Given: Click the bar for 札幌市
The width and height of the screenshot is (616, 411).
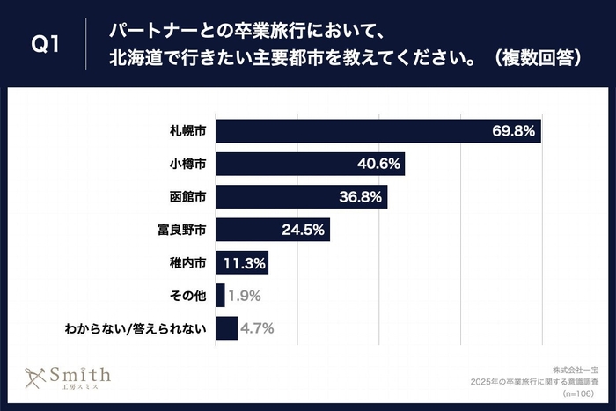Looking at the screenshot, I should tap(378, 130).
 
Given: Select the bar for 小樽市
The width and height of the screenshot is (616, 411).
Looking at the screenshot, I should tap(310, 164).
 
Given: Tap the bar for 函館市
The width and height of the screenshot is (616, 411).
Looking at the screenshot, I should tap(301, 197).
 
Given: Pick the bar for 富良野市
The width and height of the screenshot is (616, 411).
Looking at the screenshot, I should tap(272, 230).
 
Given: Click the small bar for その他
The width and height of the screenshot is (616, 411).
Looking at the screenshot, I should tap(219, 296).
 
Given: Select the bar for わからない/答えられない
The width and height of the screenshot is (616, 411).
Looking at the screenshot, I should tap(226, 328).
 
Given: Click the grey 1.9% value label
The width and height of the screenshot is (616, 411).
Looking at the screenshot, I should tap(243, 296).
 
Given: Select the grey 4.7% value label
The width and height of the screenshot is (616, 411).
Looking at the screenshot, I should tap(257, 328).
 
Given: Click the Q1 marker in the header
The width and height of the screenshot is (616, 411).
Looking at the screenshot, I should tap(43, 45).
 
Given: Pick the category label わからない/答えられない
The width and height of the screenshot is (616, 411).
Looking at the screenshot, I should tap(136, 328).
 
